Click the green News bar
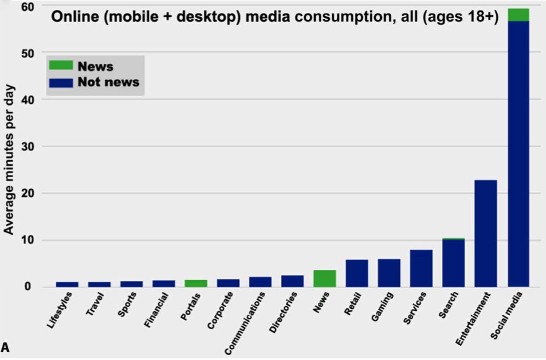[325, 279]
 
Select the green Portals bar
[196, 283]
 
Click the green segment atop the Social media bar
[518, 15]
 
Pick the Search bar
[454, 263]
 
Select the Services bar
[421, 268]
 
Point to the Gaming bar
[389, 273]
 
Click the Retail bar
[357, 273]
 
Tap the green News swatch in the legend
[61, 66]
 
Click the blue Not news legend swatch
[61, 82]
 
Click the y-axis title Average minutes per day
[10, 159]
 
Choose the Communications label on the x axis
[246, 323]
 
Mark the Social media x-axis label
[507, 321]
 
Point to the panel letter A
[5, 348]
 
